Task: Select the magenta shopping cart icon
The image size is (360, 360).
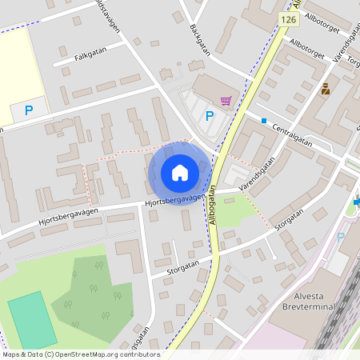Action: (226, 101)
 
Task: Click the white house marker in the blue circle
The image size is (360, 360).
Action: (180, 173)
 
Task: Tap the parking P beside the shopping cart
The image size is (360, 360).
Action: (210, 116)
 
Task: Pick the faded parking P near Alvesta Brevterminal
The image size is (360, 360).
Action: (341, 238)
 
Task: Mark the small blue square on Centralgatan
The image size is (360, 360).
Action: (264, 120)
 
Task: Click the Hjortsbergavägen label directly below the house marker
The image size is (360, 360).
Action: (174, 201)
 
